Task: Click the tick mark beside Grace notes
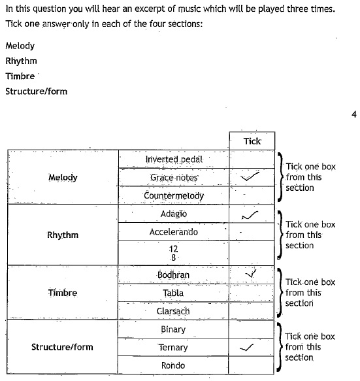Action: click(250, 176)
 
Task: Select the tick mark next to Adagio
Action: click(250, 215)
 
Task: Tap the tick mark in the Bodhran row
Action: click(251, 274)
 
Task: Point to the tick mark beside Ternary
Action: click(246, 348)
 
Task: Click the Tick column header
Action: click(252, 141)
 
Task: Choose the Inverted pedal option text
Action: click(174, 159)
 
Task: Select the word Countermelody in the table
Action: click(174, 195)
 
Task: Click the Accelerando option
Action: click(173, 232)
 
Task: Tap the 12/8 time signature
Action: click(173, 253)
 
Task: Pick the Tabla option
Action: click(173, 293)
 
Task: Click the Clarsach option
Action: click(173, 311)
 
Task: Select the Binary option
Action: click(173, 329)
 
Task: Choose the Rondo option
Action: click(173, 365)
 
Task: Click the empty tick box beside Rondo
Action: click(251, 365)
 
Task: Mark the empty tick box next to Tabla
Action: click(252, 293)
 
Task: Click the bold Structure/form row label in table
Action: click(62, 347)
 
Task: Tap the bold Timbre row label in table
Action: click(63, 293)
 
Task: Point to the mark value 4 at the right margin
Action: click(354, 114)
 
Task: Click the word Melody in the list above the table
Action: click(20, 46)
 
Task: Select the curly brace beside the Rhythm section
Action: click(280, 235)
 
